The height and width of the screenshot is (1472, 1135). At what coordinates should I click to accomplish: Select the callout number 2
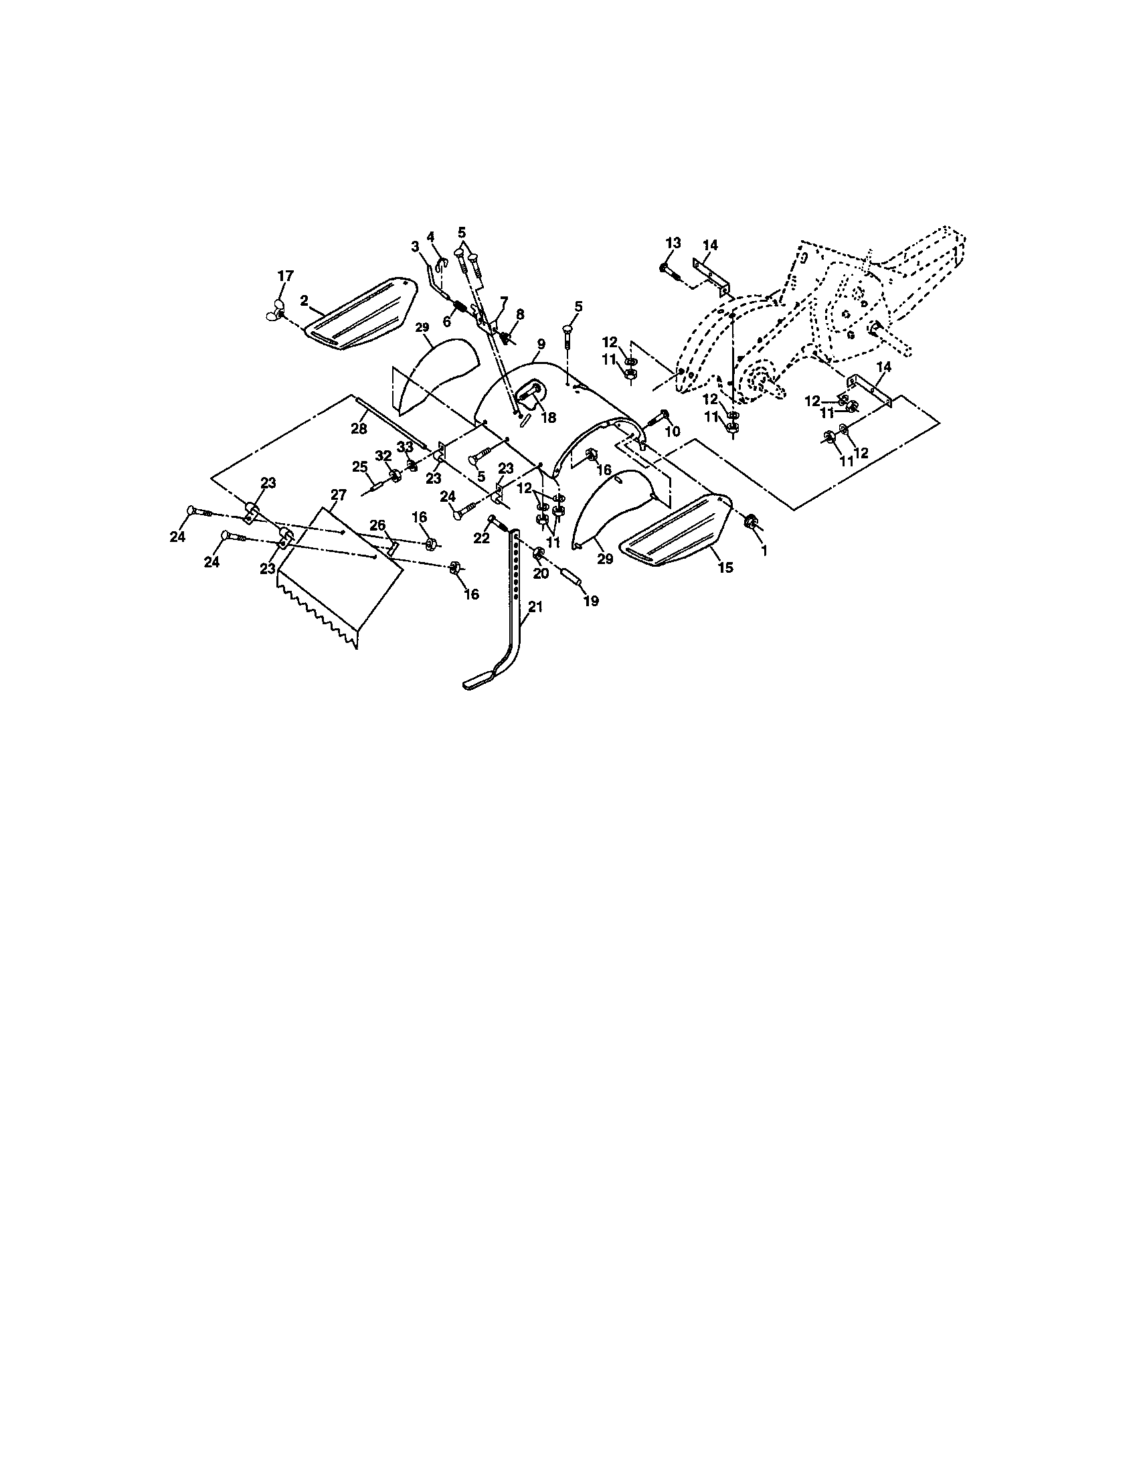click(304, 301)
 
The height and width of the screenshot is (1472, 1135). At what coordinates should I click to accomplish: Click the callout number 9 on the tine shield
click(541, 344)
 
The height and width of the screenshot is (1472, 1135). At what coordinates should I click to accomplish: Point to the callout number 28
click(359, 429)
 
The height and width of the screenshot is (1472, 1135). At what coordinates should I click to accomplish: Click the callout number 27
click(339, 495)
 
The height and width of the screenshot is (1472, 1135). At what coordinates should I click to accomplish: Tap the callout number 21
click(535, 608)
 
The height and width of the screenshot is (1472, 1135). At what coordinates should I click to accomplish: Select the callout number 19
click(590, 602)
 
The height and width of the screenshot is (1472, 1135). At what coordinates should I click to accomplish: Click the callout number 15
click(725, 567)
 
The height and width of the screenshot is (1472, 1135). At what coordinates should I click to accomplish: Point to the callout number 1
click(764, 551)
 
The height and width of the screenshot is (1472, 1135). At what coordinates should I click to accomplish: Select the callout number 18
click(549, 418)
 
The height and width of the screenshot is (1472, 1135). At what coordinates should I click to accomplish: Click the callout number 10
click(673, 432)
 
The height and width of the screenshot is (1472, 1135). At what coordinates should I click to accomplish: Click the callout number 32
click(383, 456)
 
